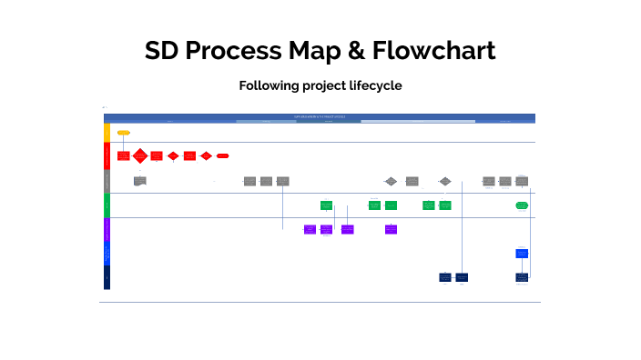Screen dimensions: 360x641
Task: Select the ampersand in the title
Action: (x=356, y=51)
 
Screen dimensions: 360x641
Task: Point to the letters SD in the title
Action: (x=162, y=51)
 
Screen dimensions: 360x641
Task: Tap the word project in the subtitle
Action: (x=321, y=85)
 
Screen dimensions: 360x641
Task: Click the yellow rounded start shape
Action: (x=124, y=133)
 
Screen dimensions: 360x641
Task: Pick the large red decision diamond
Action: (x=139, y=156)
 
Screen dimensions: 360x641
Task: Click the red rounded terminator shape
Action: (x=222, y=156)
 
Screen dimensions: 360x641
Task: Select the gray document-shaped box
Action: (x=139, y=181)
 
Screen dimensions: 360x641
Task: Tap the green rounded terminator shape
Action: (x=522, y=205)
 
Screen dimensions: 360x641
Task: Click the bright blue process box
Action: (x=522, y=254)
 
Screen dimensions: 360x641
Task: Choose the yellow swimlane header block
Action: (x=107, y=133)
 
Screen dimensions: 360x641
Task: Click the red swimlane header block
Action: (x=107, y=156)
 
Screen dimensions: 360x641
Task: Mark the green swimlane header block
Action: (x=107, y=205)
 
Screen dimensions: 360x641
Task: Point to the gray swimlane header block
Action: (x=107, y=181)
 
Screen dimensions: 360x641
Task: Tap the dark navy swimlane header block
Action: (x=107, y=277)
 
